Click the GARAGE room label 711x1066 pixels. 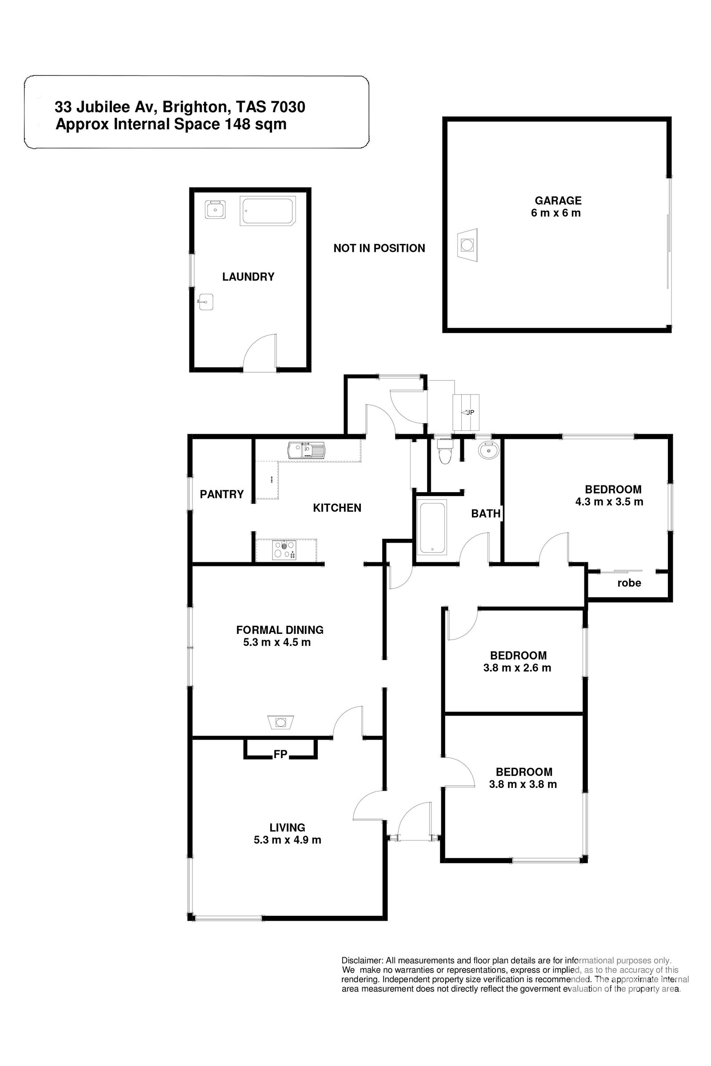tap(558, 200)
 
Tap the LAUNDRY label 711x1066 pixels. tap(248, 276)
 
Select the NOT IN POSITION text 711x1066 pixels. tap(379, 248)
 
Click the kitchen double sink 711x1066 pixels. tap(306, 450)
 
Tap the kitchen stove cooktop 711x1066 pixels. tap(284, 550)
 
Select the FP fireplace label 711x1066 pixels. tap(280, 754)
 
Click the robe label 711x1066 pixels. tap(629, 583)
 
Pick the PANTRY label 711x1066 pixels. tap(222, 494)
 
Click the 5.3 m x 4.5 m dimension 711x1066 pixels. tap(276, 642)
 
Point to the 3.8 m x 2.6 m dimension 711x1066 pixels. tap(517, 668)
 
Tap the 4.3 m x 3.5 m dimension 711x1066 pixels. tap(609, 502)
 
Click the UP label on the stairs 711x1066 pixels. tap(469, 412)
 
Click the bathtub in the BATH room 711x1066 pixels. tap(432, 527)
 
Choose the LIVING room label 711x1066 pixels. tap(287, 827)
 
